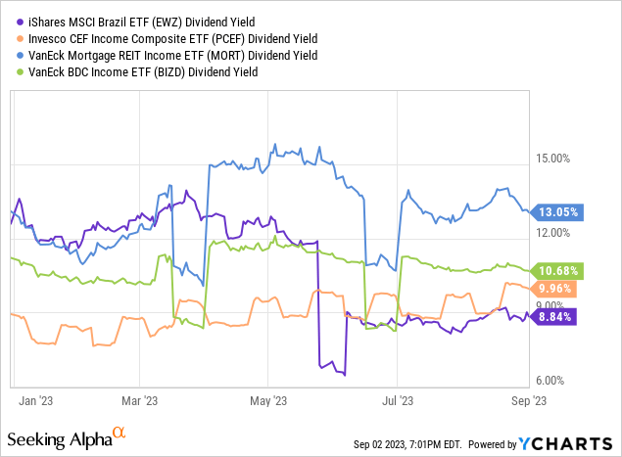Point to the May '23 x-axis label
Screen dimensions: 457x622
(x=268, y=399)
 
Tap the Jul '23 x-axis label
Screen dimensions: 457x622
(x=396, y=399)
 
